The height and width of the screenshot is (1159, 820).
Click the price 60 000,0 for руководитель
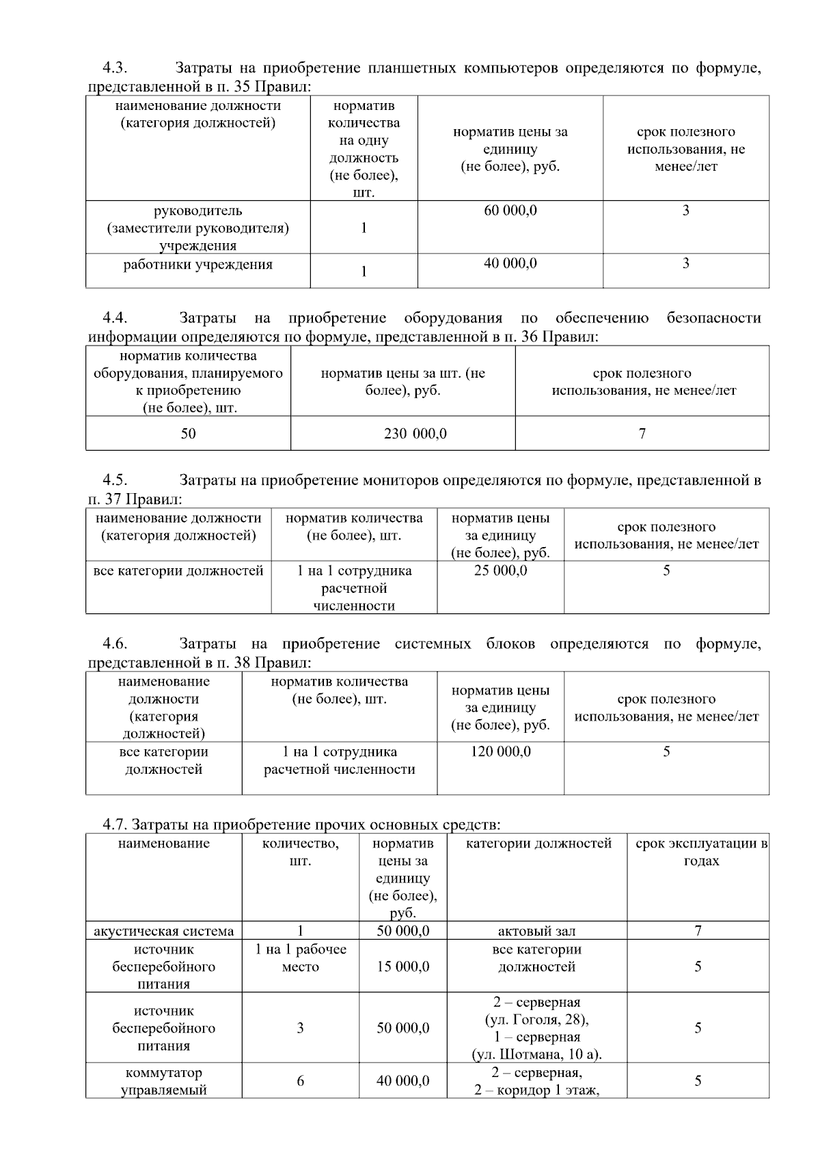[510, 210]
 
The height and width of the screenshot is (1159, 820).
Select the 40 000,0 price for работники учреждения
[510, 264]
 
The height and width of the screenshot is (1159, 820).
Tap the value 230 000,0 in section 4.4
[415, 434]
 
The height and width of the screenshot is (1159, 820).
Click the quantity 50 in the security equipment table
[188, 434]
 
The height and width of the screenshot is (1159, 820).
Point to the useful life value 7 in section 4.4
[642, 434]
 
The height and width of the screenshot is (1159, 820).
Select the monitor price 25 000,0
[500, 570]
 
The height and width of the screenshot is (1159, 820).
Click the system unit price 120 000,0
[500, 752]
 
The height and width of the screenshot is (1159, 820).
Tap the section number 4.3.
[115, 68]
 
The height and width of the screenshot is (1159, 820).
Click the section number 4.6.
[115, 644]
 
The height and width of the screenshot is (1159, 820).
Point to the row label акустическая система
[163, 931]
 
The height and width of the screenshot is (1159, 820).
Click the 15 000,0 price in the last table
[403, 966]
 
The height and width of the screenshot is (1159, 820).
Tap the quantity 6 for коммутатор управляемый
[300, 1081]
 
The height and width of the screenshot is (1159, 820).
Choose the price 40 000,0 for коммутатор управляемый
[403, 1081]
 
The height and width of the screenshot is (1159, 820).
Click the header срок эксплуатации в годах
[701, 852]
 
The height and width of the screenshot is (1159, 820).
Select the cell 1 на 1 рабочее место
[300, 958]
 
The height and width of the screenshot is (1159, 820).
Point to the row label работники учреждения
[197, 265]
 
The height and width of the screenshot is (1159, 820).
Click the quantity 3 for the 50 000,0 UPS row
[300, 1029]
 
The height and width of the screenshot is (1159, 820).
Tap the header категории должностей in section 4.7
[538, 843]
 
